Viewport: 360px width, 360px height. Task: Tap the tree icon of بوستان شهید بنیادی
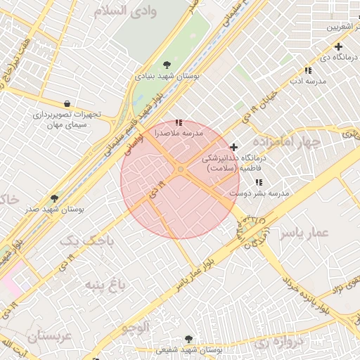166,64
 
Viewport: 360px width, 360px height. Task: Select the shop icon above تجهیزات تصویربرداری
67,103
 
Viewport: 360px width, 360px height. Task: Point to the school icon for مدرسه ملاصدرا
177,122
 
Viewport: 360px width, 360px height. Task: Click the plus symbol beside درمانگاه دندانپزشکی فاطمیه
234,147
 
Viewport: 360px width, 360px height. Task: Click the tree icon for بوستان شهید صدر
55,199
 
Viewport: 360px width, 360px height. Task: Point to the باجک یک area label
86,240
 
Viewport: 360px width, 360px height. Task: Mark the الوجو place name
136,326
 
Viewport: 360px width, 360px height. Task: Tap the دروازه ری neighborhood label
272,343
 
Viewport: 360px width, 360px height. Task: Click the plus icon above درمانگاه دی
338,46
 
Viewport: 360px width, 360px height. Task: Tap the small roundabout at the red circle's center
181,169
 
